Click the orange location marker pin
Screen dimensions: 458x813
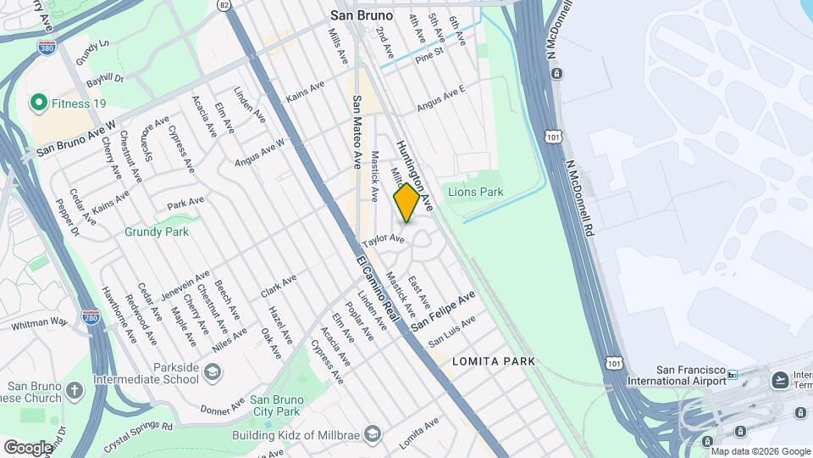pos(406,203)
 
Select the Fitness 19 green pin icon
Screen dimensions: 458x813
pos(38,103)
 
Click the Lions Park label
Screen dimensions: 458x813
pos(475,192)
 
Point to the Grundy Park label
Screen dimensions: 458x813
pos(156,231)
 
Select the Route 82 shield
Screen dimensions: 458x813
pos(224,5)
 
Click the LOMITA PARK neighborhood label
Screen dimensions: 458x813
pos(494,361)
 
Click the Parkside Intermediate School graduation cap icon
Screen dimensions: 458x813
pos(212,371)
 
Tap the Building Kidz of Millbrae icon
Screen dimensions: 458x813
pos(374,435)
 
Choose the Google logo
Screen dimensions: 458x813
pos(28,446)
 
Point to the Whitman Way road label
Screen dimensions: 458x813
pos(40,324)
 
